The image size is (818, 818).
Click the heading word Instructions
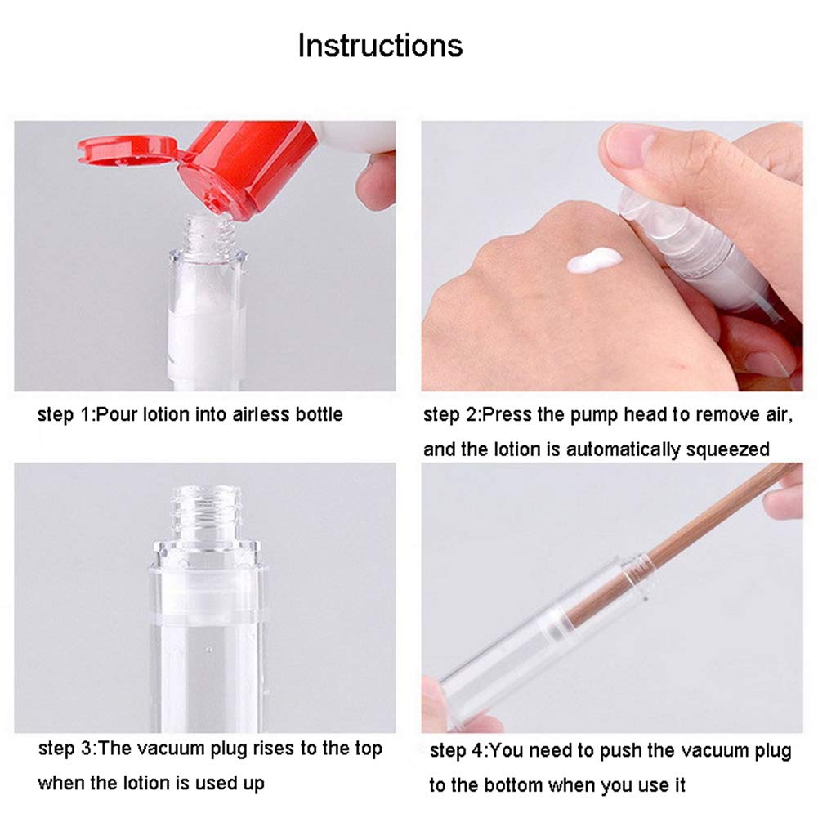coord(380,45)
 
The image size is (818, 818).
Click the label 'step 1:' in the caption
coord(65,414)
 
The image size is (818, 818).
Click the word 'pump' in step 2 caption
coord(592,414)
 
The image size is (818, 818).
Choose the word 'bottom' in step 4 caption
coord(515,785)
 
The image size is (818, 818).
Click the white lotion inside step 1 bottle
coord(204,327)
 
